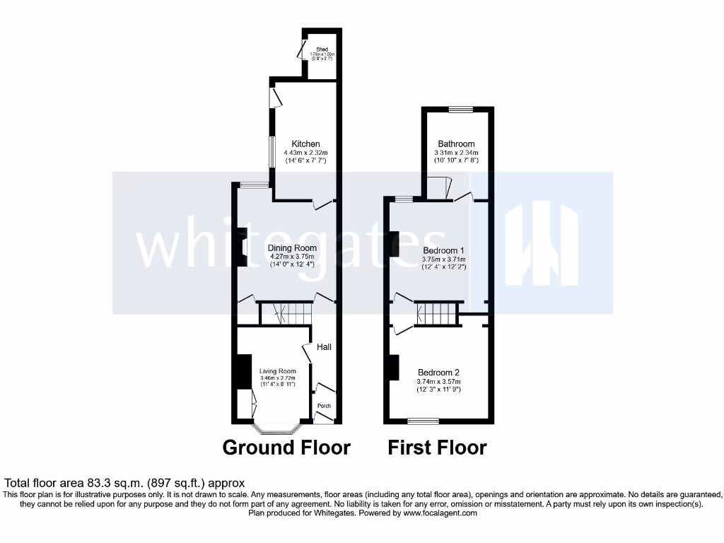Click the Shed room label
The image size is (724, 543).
tap(322, 49)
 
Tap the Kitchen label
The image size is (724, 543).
tap(306, 144)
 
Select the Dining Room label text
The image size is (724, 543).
tap(292, 248)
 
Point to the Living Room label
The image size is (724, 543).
tap(277, 371)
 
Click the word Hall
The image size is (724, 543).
tap(324, 347)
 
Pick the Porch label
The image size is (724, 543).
tap(324, 406)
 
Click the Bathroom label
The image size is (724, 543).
tap(456, 144)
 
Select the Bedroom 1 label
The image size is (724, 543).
tap(443, 251)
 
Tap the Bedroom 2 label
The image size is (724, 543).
tap(438, 373)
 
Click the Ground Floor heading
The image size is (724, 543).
tap(286, 448)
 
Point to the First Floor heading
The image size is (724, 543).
tap(437, 448)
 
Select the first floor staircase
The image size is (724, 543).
tap(437, 314)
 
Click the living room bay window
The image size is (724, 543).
tap(277, 428)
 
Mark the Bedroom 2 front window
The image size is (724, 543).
tap(423, 421)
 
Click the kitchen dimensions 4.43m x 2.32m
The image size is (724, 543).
tap(306, 153)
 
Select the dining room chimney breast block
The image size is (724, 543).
tap(240, 245)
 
